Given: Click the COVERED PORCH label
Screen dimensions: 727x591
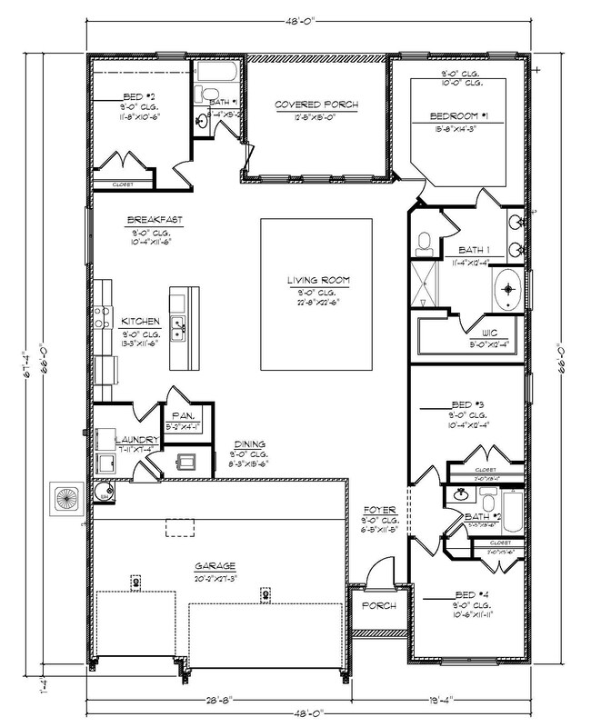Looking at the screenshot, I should pos(316,106).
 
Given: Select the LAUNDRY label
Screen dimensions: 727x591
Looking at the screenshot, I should pos(136,440).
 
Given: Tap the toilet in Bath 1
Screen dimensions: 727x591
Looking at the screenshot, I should pos(424,243).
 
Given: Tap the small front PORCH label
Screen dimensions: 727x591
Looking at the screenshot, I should pos(377,605).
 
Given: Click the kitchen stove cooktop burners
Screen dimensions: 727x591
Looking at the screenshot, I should pos(101,321).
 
